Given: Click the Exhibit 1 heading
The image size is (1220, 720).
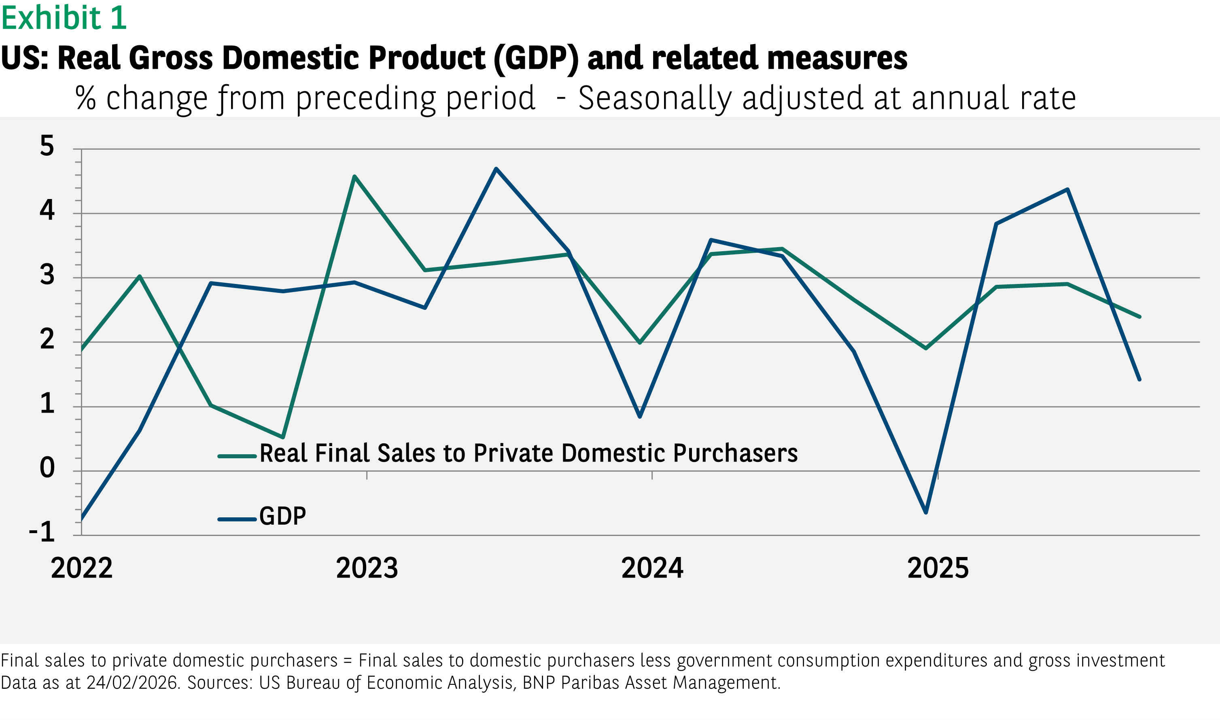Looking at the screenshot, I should coord(64,18).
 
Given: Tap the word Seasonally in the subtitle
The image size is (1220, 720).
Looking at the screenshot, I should coord(655,98).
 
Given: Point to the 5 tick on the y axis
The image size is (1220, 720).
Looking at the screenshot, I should coord(47,146).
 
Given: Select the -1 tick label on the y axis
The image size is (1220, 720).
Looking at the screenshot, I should coord(42,532).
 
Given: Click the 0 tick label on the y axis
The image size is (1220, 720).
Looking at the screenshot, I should coord(47,468).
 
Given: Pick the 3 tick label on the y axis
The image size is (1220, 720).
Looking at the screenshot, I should coord(47,275).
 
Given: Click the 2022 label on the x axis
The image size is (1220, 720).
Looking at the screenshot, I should coord(81,568).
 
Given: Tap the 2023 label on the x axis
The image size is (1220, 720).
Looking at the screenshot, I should coord(367,568).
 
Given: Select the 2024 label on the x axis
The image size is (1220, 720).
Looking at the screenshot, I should coord(652,568).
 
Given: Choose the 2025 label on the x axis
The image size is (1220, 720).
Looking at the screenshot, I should coord(938,568).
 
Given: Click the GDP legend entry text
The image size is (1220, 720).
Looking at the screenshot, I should coord(282,516).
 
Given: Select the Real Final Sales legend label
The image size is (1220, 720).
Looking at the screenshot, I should coord(528,453).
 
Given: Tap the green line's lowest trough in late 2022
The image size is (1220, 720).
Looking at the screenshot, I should coord(283,437).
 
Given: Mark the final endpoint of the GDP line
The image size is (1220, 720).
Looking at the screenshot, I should coord(1139,379).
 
